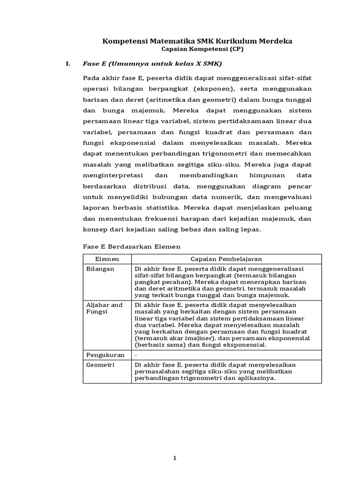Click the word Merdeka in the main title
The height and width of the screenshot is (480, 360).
click(x=275, y=41)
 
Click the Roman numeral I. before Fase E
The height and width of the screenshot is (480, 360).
click(x=67, y=63)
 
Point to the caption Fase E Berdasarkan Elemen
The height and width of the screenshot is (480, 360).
click(x=132, y=247)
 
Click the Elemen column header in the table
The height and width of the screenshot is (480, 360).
click(x=107, y=259)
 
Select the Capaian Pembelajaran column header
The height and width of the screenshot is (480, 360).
click(x=226, y=259)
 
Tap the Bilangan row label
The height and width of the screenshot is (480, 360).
click(x=100, y=269)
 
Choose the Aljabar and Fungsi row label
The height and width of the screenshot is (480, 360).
click(x=104, y=308)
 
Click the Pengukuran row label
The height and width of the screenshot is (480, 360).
click(x=104, y=355)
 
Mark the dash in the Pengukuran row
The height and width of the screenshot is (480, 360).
click(x=136, y=355)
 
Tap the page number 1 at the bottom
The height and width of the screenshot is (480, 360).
click(x=175, y=458)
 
